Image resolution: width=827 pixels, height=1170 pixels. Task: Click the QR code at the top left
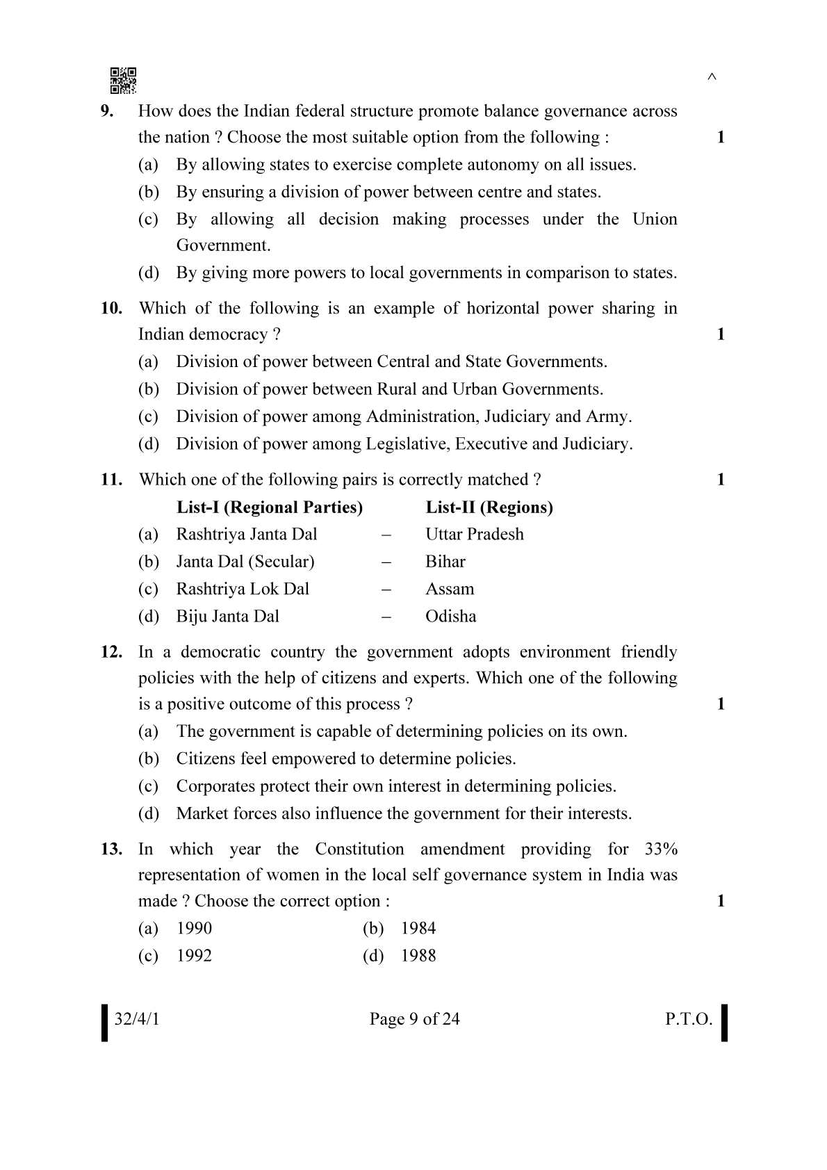coord(123,81)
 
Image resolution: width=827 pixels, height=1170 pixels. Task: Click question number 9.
coord(107,111)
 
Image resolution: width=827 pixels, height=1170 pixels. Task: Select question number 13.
coord(111,849)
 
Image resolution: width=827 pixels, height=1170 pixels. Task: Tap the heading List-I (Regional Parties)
coord(270,507)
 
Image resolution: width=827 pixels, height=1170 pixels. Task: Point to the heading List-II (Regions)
coord(489,507)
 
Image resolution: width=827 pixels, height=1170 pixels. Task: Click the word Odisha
coord(451,617)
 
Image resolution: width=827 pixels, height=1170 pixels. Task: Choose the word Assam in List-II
coord(450,590)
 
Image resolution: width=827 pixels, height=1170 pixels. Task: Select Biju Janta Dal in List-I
coord(227,617)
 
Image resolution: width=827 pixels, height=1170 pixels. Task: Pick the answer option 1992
coord(194,956)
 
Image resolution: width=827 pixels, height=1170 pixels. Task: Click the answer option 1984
coord(418,929)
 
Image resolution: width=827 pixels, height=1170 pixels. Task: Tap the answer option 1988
coord(418,956)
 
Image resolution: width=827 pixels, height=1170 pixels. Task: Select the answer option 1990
coord(194,929)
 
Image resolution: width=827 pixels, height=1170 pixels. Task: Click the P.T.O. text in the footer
coord(688,1020)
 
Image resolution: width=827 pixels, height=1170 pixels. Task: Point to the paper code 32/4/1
coord(137,1020)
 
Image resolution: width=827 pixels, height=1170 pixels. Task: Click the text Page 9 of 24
coord(414,1020)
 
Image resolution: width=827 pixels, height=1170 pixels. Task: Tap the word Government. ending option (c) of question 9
coord(223,245)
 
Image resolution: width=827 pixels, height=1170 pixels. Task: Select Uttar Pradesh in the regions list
coord(475,535)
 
